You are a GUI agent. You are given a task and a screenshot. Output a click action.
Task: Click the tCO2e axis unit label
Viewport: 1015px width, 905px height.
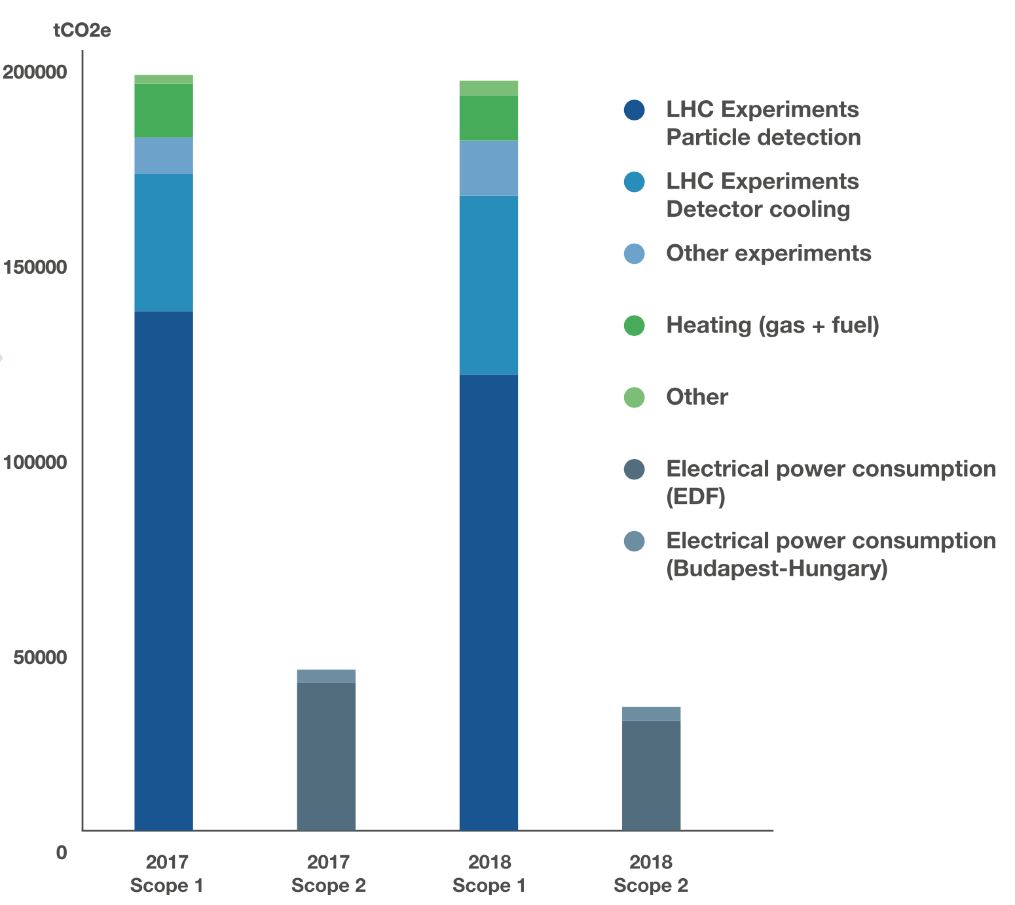[x=82, y=30]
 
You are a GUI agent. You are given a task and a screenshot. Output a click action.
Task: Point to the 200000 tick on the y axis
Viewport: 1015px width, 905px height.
[x=35, y=72]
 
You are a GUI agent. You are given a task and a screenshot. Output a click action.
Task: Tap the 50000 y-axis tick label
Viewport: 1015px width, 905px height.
[x=39, y=657]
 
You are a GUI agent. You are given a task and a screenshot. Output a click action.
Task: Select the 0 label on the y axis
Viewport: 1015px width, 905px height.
[x=61, y=853]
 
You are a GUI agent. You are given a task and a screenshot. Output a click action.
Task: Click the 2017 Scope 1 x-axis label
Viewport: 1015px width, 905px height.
[x=166, y=874]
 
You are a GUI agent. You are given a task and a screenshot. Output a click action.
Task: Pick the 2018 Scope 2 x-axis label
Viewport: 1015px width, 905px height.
[x=651, y=874]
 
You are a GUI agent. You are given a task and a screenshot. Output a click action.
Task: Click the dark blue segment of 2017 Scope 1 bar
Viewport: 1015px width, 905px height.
[x=163, y=571]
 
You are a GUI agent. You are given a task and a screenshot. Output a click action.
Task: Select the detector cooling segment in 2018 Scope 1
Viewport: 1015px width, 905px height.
[x=489, y=285]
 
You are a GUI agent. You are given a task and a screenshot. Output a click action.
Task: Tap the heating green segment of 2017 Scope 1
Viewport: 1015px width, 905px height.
[x=163, y=110]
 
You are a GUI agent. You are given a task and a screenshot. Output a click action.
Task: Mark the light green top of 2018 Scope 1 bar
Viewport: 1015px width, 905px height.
[x=489, y=88]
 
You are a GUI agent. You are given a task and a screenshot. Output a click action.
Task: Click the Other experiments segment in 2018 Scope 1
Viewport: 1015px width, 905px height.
[x=489, y=168]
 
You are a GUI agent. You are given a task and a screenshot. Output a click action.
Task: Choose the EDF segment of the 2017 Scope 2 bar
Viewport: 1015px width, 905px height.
[x=326, y=756]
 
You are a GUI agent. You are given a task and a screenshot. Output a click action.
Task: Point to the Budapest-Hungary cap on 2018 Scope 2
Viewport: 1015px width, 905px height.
[x=651, y=714]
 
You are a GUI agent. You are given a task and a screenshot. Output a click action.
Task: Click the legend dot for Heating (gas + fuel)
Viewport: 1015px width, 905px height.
[x=635, y=325]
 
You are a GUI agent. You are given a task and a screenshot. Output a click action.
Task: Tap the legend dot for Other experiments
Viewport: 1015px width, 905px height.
[x=635, y=253]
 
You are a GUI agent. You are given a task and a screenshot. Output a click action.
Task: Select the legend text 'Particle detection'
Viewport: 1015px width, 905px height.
[x=764, y=138]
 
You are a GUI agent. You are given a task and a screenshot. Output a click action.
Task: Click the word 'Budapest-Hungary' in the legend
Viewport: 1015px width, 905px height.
[x=777, y=568]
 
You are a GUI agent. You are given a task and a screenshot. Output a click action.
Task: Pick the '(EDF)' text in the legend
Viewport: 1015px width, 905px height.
[x=695, y=496]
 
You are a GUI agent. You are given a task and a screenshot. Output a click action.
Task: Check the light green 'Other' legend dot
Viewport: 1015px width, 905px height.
[x=635, y=397]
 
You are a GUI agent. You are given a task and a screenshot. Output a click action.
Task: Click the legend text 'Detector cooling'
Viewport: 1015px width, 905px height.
[x=758, y=210]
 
